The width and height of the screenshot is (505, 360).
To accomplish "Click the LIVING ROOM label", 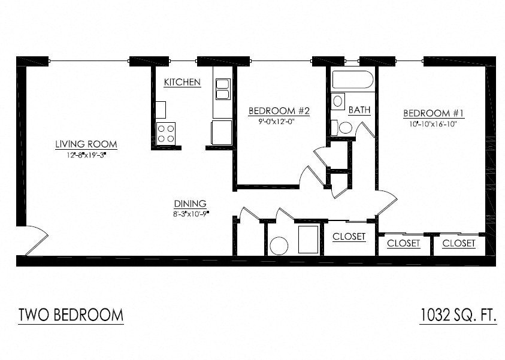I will [x=86, y=144].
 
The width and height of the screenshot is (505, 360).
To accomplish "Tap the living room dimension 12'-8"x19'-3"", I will [x=86, y=155].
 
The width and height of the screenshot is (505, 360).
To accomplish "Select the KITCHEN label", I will [x=182, y=82].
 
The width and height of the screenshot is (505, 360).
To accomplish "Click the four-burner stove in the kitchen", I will [x=166, y=132].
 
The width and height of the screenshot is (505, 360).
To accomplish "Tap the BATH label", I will [x=359, y=110].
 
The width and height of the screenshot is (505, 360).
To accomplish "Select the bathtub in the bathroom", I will [x=353, y=80].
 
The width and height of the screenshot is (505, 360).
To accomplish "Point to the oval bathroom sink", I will [x=338, y=101].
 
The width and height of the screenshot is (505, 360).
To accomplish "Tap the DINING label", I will [x=190, y=203].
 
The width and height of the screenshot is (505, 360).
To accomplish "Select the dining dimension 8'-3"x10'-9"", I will [x=190, y=213].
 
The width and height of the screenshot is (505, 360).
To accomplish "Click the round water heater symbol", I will [x=279, y=246].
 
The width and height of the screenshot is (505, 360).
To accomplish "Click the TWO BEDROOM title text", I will [x=71, y=315].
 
